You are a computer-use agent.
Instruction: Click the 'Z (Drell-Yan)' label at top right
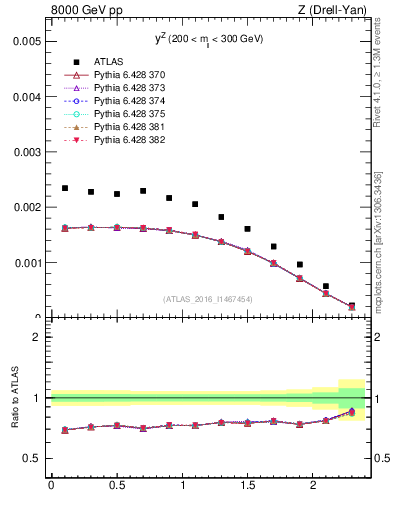[x=332, y=11]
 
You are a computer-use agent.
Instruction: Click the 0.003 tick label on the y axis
[x=27, y=153]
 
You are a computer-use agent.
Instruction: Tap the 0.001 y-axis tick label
[x=27, y=263]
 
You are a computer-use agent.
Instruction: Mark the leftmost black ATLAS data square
[x=65, y=188]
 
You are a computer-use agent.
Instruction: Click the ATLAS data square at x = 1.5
[x=247, y=229]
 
